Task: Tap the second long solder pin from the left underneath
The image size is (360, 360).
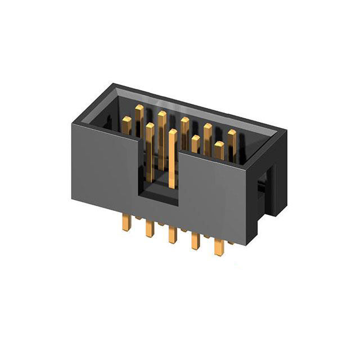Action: [x=149, y=228]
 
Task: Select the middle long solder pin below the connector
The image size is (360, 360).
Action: [x=171, y=235]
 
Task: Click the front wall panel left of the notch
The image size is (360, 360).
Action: [x=105, y=169]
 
